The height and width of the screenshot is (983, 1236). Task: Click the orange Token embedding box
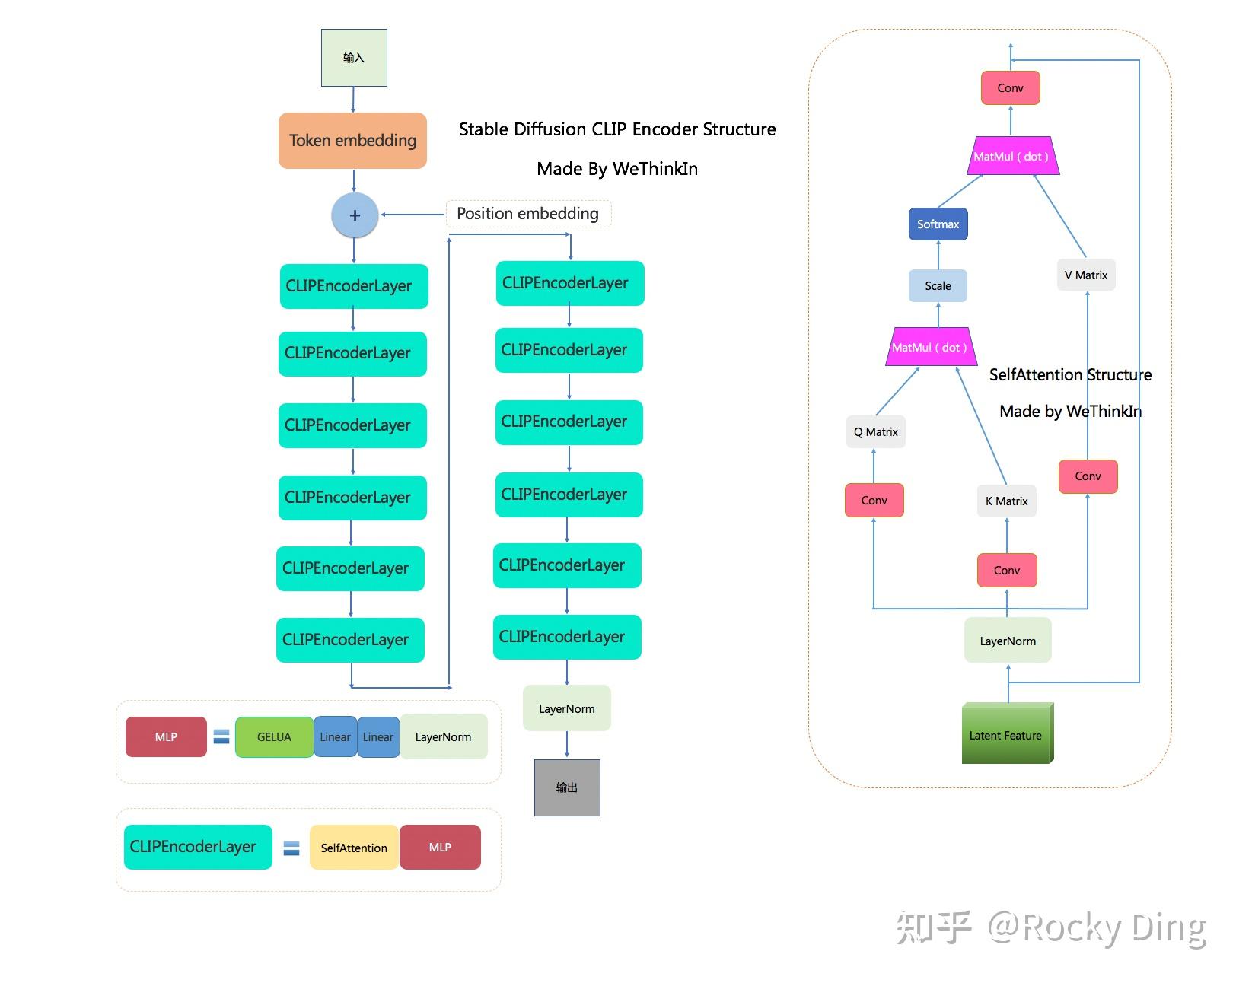pyautogui.click(x=352, y=140)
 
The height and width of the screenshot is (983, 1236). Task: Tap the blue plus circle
pyautogui.click(x=355, y=215)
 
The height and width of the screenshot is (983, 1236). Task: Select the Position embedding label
pyautogui.click(x=528, y=214)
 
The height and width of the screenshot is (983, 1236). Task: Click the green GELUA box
pyautogui.click(x=274, y=736)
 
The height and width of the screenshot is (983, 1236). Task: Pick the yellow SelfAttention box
pyautogui.click(x=354, y=847)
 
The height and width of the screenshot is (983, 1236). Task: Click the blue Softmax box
pyautogui.click(x=938, y=224)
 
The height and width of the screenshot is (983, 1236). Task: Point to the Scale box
pyautogui.click(x=938, y=285)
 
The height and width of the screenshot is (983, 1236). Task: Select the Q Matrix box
pyautogui.click(x=875, y=432)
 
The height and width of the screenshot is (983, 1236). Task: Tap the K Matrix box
pyautogui.click(x=1006, y=501)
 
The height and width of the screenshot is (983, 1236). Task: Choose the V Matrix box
pyautogui.click(x=1086, y=275)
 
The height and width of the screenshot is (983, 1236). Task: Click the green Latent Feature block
pyautogui.click(x=1008, y=733)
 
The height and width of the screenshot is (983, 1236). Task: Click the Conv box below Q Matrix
pyautogui.click(x=874, y=500)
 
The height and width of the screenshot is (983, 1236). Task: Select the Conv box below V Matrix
pyautogui.click(x=1088, y=476)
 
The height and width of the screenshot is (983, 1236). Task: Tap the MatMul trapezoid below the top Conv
pyautogui.click(x=1012, y=156)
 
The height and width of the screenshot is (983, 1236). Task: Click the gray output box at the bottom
pyautogui.click(x=567, y=787)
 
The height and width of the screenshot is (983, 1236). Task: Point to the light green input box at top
pyautogui.click(x=354, y=57)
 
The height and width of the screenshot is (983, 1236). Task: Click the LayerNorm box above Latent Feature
pyautogui.click(x=1008, y=640)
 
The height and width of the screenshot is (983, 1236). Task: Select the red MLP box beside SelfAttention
pyautogui.click(x=440, y=847)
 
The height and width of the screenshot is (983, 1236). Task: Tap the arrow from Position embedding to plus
pyautogui.click(x=413, y=215)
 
